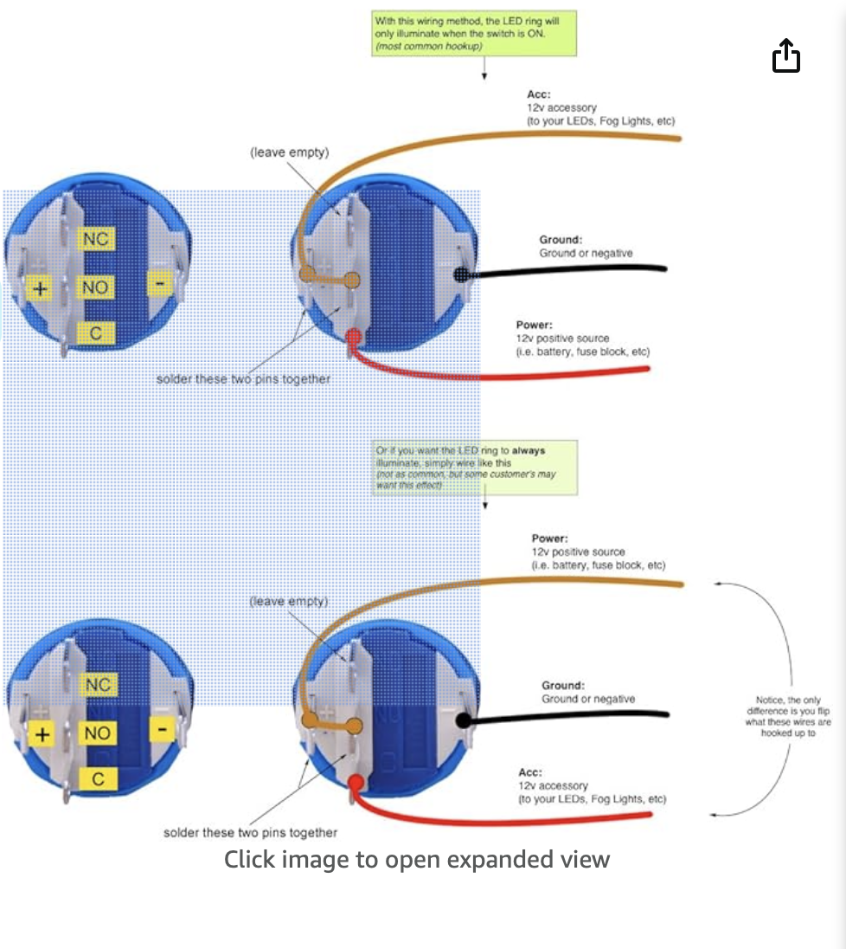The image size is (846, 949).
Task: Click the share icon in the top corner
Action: click(785, 57)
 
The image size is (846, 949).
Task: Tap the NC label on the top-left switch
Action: click(96, 238)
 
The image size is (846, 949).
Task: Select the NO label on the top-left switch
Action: click(96, 286)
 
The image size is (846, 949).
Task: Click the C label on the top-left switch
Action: click(96, 332)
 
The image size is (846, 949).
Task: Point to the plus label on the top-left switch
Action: click(38, 286)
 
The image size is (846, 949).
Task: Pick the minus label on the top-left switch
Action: click(159, 282)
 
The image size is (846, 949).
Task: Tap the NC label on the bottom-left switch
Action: click(98, 685)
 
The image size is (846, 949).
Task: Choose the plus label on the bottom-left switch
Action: click(42, 735)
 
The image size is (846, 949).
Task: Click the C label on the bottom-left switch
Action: click(98, 779)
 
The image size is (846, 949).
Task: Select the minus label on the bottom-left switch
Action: click(162, 730)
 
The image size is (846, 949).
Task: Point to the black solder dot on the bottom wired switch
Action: click(464, 720)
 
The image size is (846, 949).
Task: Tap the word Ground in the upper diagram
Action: click(561, 239)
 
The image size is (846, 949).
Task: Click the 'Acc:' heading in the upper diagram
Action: click(539, 94)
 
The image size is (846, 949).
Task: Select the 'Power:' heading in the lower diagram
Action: click(550, 538)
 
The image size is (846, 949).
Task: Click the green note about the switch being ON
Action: click(474, 34)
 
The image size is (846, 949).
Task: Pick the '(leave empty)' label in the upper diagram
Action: click(290, 152)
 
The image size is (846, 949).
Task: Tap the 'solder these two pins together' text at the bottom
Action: click(250, 832)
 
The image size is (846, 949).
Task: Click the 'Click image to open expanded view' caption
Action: click(417, 860)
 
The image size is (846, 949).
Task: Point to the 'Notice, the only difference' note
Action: click(789, 715)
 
